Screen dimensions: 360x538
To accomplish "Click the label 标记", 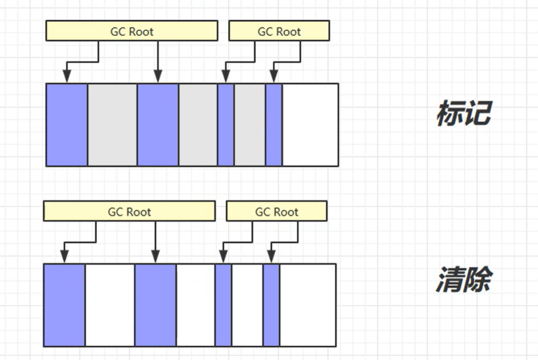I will [463, 114].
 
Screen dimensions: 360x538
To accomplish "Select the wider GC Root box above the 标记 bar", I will [132, 31].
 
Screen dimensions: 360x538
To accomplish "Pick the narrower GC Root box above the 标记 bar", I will [279, 31].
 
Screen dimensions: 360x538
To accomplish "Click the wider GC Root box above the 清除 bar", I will [129, 212].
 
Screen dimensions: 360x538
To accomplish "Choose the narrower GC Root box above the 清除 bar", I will [276, 212].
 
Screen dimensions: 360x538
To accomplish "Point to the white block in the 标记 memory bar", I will [310, 125].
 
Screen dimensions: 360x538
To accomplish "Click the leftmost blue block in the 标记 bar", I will [67, 125].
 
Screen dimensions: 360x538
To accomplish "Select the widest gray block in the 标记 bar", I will [112, 125].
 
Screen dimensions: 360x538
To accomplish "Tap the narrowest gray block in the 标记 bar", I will [249, 125].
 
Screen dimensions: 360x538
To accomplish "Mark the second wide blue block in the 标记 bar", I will [157, 125].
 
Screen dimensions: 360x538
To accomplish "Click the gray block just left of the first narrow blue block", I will [197, 125].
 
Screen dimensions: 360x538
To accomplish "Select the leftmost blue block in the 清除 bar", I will [64, 305].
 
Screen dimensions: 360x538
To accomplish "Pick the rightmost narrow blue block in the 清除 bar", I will [271, 305].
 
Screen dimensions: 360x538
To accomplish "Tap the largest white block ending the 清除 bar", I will [307, 305].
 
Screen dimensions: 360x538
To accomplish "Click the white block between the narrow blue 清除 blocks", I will [247, 305].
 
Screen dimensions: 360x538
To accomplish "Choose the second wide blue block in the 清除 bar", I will [155, 305].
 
